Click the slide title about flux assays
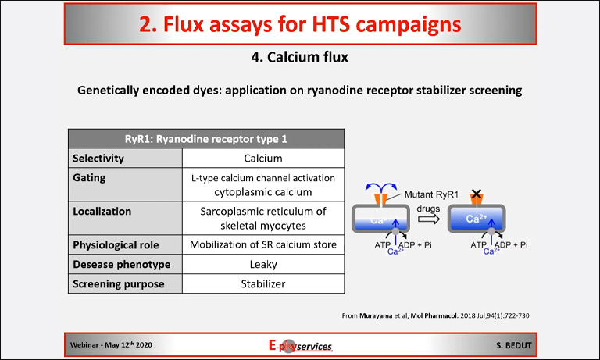click(300, 24)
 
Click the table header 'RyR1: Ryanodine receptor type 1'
click(205, 139)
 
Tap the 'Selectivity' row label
click(98, 159)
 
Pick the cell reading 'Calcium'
click(262, 159)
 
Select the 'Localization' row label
click(102, 211)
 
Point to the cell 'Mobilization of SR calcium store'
click(262, 244)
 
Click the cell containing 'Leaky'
click(262, 264)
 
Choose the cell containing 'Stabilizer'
click(262, 283)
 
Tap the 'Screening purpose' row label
click(118, 283)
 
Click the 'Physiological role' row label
click(120, 244)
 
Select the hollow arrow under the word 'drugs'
click(427, 220)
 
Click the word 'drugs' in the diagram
click(427, 209)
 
